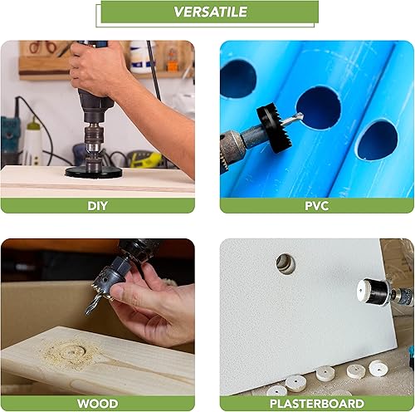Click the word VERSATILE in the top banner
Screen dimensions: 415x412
coord(210,12)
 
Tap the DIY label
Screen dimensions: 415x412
coord(97,206)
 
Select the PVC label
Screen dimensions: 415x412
coord(317,206)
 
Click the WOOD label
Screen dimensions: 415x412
coord(97,404)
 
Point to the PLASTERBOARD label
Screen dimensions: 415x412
coord(317,404)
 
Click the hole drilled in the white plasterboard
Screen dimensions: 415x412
coord(286,263)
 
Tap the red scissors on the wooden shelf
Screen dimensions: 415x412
coord(41,47)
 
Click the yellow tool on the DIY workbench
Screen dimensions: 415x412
coord(145,160)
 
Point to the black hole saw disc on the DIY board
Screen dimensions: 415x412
coord(94,172)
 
